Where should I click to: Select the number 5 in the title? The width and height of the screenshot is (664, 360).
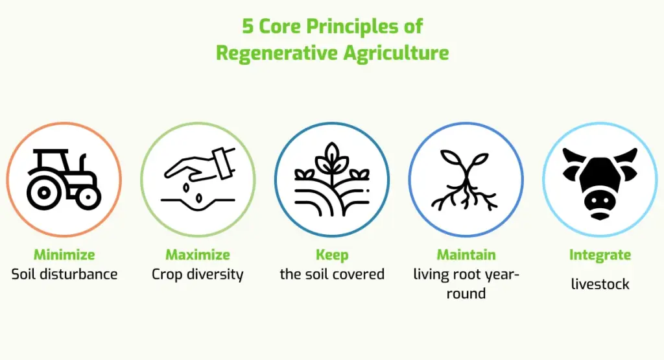point(248,26)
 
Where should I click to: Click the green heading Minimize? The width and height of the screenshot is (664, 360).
point(64,254)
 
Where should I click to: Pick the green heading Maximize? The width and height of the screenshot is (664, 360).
point(198,254)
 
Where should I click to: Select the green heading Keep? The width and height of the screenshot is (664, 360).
point(332,254)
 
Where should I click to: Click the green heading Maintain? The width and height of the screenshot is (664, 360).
point(466,254)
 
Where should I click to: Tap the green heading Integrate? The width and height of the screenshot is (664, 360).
point(600,254)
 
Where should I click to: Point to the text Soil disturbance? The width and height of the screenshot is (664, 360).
point(64,274)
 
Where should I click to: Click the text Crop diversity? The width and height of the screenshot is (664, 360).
point(198,274)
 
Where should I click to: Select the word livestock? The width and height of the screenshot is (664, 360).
point(600,283)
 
